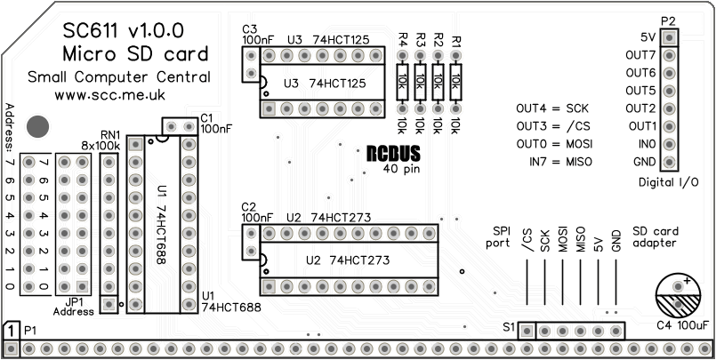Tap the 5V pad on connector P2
(x=668, y=37)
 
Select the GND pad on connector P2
(x=668, y=162)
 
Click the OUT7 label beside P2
(x=640, y=55)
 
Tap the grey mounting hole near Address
(x=37, y=126)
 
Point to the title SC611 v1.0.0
(x=123, y=33)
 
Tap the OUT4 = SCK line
(x=553, y=108)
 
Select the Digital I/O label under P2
(x=668, y=181)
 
